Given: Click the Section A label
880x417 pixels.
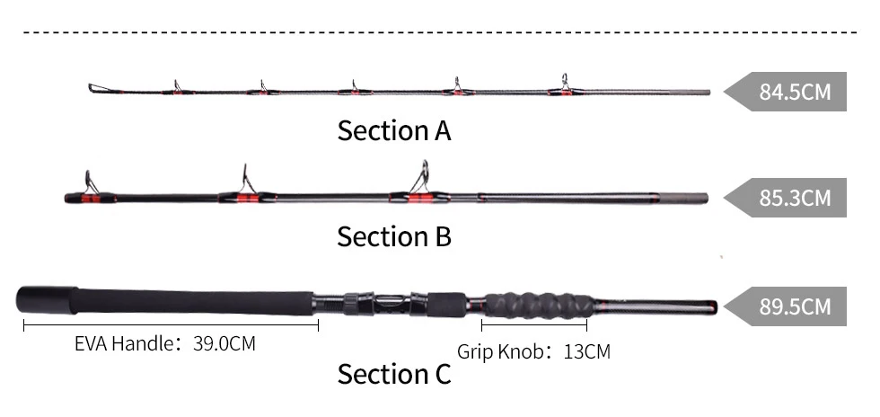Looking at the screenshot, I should point(394,131).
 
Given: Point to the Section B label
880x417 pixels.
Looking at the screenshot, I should point(394,237).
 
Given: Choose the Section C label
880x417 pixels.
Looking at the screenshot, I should point(394,375).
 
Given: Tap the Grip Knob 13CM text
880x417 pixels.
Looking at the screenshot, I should point(533,351).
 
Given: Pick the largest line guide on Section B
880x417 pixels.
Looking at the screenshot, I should point(420,181).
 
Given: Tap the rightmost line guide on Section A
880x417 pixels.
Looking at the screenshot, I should point(564,84).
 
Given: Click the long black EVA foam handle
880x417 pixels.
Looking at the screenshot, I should point(180,298).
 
